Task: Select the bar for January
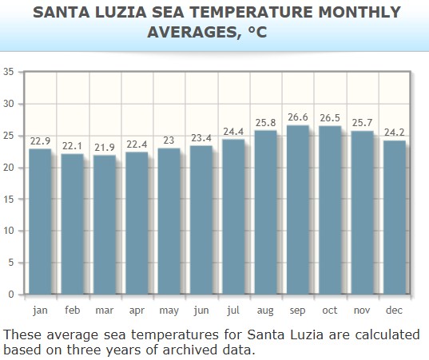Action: [x=40, y=221]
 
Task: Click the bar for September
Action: [x=297, y=209]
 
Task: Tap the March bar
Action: [x=104, y=224]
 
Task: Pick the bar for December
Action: [x=394, y=217]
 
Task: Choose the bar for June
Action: [x=201, y=220]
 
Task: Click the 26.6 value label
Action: [x=297, y=117]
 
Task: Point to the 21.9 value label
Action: [x=104, y=148]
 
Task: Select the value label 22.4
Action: [x=137, y=144]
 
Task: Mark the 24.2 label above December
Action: [x=394, y=133]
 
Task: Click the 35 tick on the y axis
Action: [x=9, y=72]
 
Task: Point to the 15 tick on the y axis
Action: [x=9, y=200]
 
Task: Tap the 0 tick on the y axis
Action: [x=11, y=295]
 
